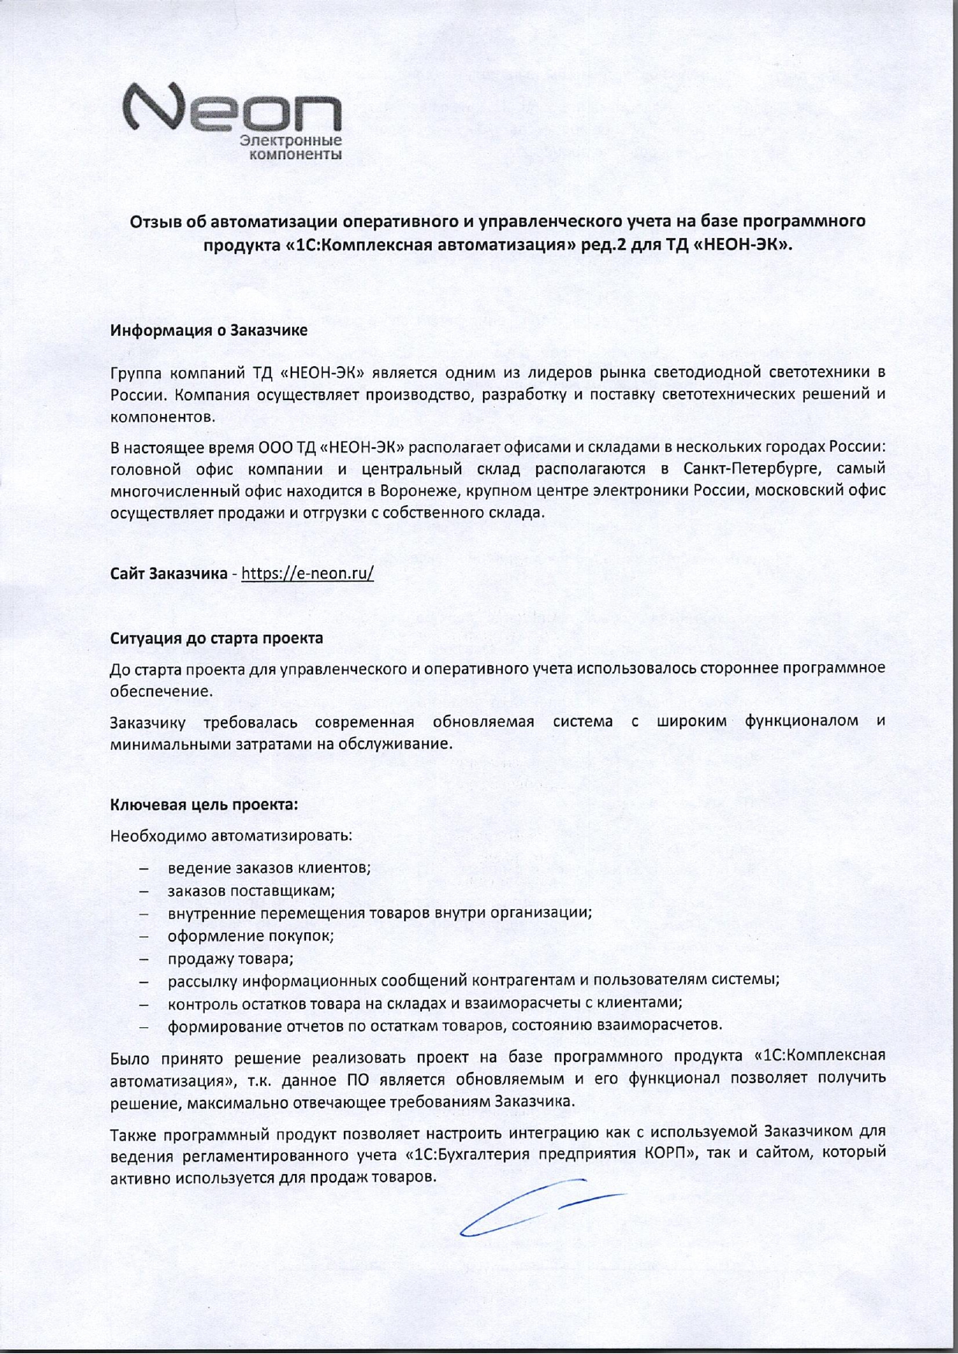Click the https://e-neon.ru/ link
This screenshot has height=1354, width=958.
307,573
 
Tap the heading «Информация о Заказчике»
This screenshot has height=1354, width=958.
209,331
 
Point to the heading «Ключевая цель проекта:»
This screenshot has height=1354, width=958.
204,804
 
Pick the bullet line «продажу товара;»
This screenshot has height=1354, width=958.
231,959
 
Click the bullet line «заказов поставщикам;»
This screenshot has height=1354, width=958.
251,890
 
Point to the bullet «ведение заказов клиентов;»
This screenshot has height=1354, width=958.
270,867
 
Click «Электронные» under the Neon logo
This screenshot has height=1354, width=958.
291,141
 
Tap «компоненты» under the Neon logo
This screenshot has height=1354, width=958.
294,155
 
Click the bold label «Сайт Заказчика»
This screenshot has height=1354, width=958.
168,574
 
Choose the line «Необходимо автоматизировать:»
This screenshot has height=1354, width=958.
231,836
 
